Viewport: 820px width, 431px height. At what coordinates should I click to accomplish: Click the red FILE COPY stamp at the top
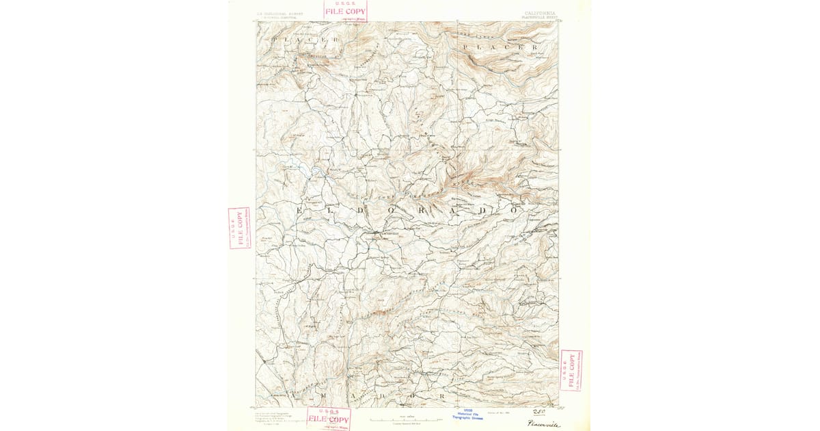345,10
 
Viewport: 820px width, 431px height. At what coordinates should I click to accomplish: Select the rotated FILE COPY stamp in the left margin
239,228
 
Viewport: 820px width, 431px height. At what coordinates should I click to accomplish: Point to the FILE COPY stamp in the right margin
571,370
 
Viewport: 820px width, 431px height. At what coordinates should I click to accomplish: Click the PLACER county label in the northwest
305,41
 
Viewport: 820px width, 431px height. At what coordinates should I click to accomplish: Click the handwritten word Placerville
543,424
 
